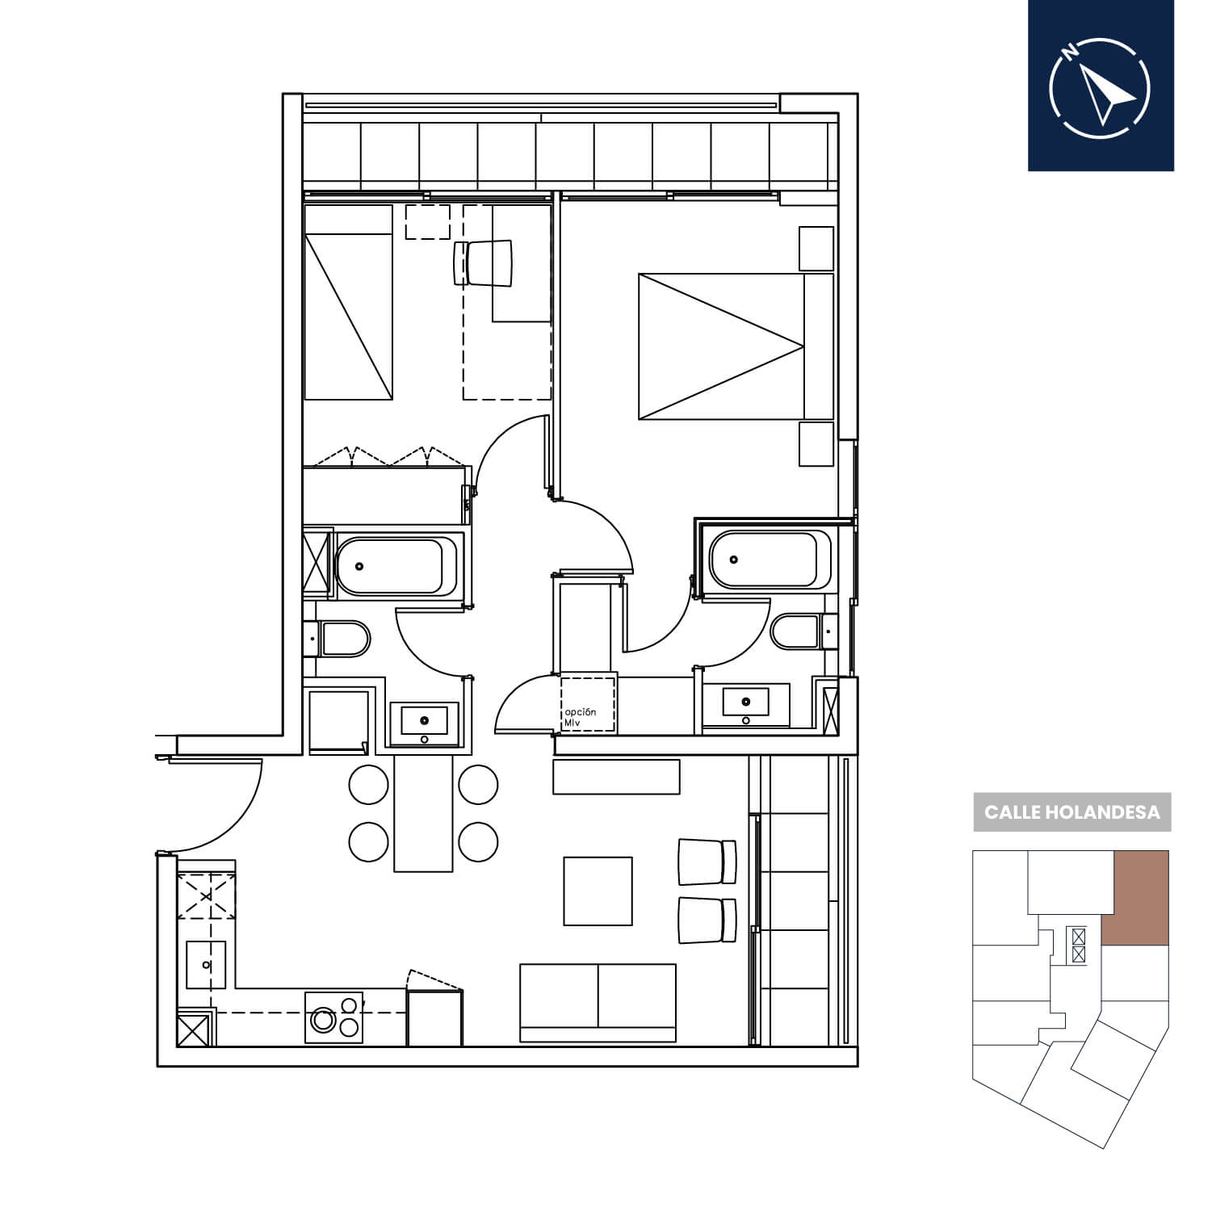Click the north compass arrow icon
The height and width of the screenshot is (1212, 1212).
pyautogui.click(x=1101, y=86)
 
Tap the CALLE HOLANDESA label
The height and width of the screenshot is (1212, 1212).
pyautogui.click(x=1072, y=811)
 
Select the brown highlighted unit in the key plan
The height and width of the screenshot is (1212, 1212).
pyautogui.click(x=1135, y=897)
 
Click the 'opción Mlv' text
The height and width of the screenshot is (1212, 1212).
pyautogui.click(x=580, y=716)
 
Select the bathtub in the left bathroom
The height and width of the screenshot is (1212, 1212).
pyautogui.click(x=389, y=565)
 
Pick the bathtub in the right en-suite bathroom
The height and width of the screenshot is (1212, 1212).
pyautogui.click(x=769, y=559)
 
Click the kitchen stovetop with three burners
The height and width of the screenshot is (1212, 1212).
pyautogui.click(x=333, y=1017)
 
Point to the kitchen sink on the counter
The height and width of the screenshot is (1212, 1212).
pyautogui.click(x=207, y=964)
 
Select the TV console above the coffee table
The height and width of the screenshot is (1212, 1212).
pyautogui.click(x=616, y=777)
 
